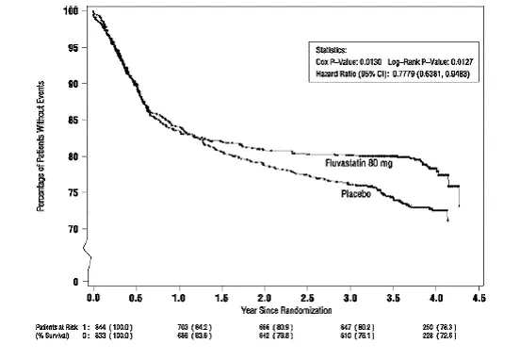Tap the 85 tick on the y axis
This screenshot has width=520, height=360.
click(73, 120)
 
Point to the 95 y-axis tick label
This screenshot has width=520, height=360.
click(73, 46)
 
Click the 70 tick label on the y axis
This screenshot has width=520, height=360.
click(73, 229)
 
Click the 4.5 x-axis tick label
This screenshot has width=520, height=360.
click(480, 298)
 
